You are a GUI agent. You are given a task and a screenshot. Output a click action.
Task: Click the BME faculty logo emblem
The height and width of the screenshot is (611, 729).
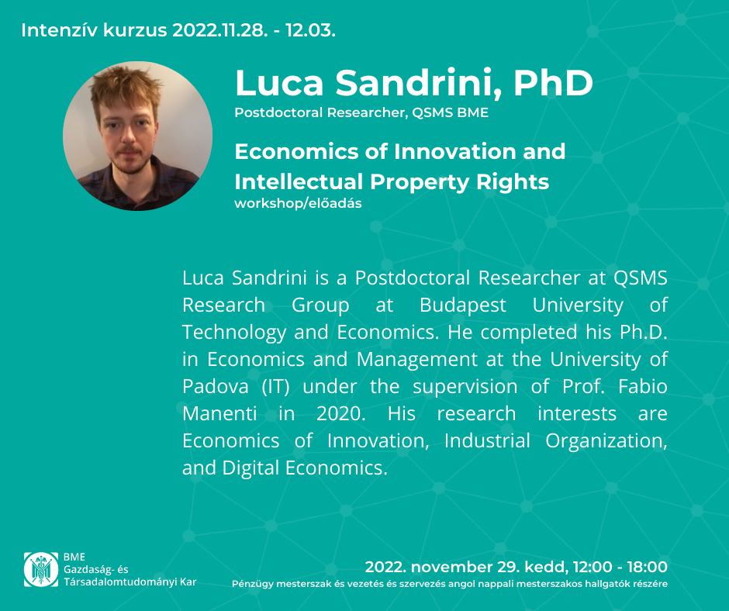[41, 569]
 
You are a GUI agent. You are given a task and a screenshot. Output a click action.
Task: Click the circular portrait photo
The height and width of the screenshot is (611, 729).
[137, 136]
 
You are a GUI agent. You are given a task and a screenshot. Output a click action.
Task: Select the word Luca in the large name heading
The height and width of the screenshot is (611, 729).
[279, 83]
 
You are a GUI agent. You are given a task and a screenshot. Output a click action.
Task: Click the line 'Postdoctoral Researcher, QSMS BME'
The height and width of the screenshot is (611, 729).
[361, 112]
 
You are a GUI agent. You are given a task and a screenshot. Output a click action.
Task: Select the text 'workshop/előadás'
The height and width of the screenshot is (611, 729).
[298, 204]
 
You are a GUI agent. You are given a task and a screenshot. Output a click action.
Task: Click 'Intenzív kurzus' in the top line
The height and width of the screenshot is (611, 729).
[94, 30]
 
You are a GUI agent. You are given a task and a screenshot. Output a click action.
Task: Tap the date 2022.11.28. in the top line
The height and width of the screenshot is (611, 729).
[220, 30]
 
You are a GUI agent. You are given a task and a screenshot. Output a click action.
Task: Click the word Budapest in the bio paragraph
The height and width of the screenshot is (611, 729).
[462, 305]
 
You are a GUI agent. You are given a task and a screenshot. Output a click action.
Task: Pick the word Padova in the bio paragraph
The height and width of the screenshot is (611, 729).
[216, 386]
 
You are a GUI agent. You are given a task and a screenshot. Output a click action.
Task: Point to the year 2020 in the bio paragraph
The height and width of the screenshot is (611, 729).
[340, 413]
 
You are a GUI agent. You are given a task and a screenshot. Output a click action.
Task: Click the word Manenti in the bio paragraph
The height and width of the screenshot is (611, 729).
[219, 413]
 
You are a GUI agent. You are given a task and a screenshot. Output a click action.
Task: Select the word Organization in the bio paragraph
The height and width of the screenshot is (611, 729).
[606, 441]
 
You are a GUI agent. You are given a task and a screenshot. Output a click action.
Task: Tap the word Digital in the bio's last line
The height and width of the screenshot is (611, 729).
[250, 468]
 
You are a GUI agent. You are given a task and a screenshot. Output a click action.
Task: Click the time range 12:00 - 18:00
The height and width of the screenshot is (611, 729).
[620, 567]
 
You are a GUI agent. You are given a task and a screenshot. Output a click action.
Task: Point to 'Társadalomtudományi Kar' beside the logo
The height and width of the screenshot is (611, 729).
[130, 582]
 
